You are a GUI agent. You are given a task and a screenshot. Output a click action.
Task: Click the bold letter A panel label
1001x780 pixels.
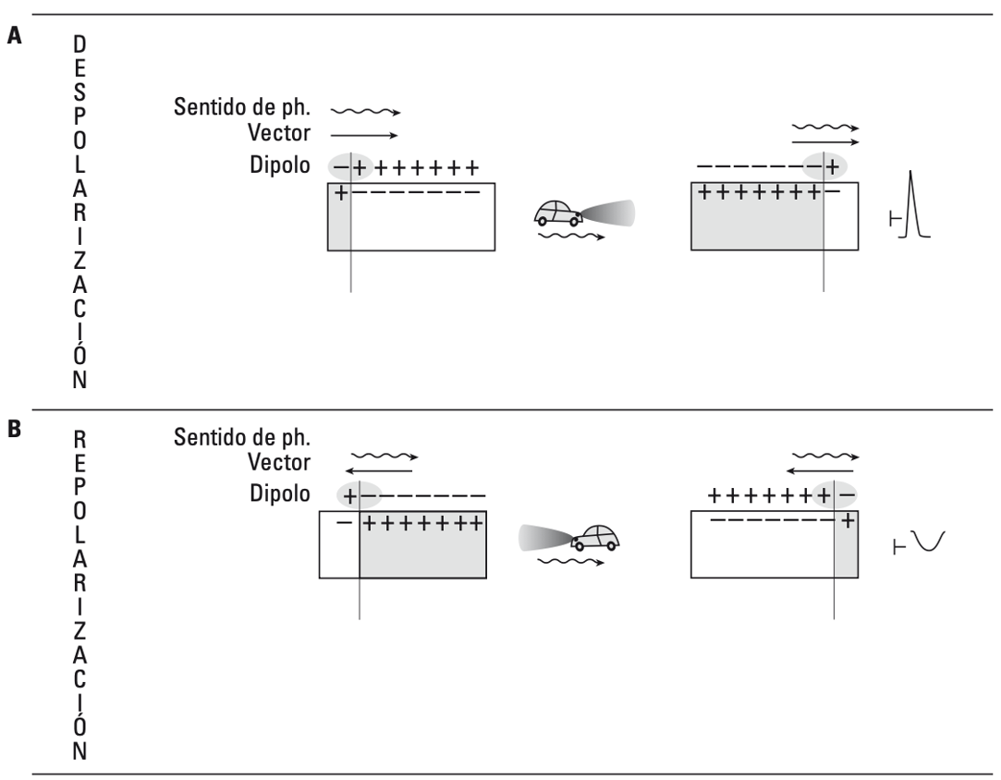click(x=14, y=35)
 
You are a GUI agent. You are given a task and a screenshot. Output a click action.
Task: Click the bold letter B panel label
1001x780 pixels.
click(x=14, y=429)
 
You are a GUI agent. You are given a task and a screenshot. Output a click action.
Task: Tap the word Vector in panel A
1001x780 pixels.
click(x=279, y=133)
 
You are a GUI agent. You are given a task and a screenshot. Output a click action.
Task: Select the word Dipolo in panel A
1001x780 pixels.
click(x=280, y=165)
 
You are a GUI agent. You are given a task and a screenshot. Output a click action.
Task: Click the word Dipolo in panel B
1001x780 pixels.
click(x=280, y=494)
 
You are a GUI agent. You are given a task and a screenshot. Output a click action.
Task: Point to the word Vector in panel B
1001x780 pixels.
click(x=279, y=462)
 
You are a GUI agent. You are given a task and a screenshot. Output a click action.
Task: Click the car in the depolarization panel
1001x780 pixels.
click(x=557, y=213)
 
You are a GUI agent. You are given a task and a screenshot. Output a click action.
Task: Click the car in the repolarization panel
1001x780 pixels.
click(x=595, y=538)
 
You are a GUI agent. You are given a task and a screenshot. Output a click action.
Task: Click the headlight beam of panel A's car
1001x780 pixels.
click(x=608, y=213)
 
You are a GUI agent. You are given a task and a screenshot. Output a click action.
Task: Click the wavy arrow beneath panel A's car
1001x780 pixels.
click(x=571, y=237)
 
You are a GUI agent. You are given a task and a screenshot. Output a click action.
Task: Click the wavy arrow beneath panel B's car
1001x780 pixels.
click(x=571, y=562)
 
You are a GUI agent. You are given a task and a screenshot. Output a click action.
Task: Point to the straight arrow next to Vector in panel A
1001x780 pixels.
click(x=364, y=135)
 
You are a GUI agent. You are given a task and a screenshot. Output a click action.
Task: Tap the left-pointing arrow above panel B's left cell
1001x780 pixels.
click(x=379, y=471)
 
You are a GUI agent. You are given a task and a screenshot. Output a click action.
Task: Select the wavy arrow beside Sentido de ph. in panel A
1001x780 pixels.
click(x=366, y=113)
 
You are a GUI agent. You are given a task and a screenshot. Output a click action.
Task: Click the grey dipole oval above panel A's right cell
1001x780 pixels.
click(x=824, y=166)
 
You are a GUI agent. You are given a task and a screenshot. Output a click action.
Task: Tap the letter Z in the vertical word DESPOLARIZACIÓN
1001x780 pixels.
click(x=79, y=261)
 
